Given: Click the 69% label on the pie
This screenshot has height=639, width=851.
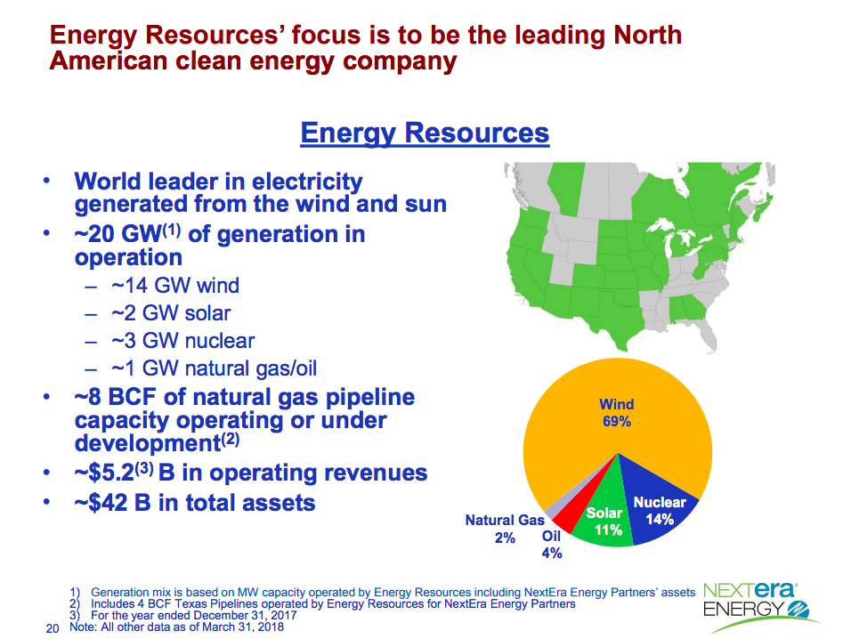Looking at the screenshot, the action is (617, 422).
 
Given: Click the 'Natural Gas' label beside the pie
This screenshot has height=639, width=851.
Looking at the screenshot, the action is (505, 521).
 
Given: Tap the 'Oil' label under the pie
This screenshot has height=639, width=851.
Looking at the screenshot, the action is (551, 536).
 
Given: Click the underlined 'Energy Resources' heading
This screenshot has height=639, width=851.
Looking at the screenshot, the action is (425, 133).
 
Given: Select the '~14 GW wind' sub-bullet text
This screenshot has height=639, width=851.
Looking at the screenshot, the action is (175, 286).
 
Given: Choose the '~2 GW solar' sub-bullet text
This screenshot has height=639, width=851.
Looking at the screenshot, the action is (171, 313).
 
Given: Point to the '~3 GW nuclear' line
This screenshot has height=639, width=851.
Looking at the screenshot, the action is (182, 341).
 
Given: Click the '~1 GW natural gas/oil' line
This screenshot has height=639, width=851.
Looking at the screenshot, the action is (214, 368).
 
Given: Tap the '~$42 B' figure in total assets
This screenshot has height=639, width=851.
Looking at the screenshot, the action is (113, 503).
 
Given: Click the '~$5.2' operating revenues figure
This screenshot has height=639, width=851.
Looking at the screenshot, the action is (104, 473).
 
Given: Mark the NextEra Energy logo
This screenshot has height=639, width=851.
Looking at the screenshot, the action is (758, 606).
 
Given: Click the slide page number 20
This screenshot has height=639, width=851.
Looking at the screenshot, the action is (53, 628).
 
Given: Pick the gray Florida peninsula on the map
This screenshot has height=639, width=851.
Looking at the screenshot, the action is (704, 332).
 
